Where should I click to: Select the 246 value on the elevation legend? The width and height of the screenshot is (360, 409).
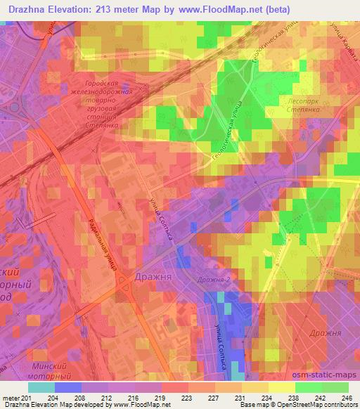tap(348, 398)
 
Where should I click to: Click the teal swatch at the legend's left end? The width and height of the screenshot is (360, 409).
tap(41, 387)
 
